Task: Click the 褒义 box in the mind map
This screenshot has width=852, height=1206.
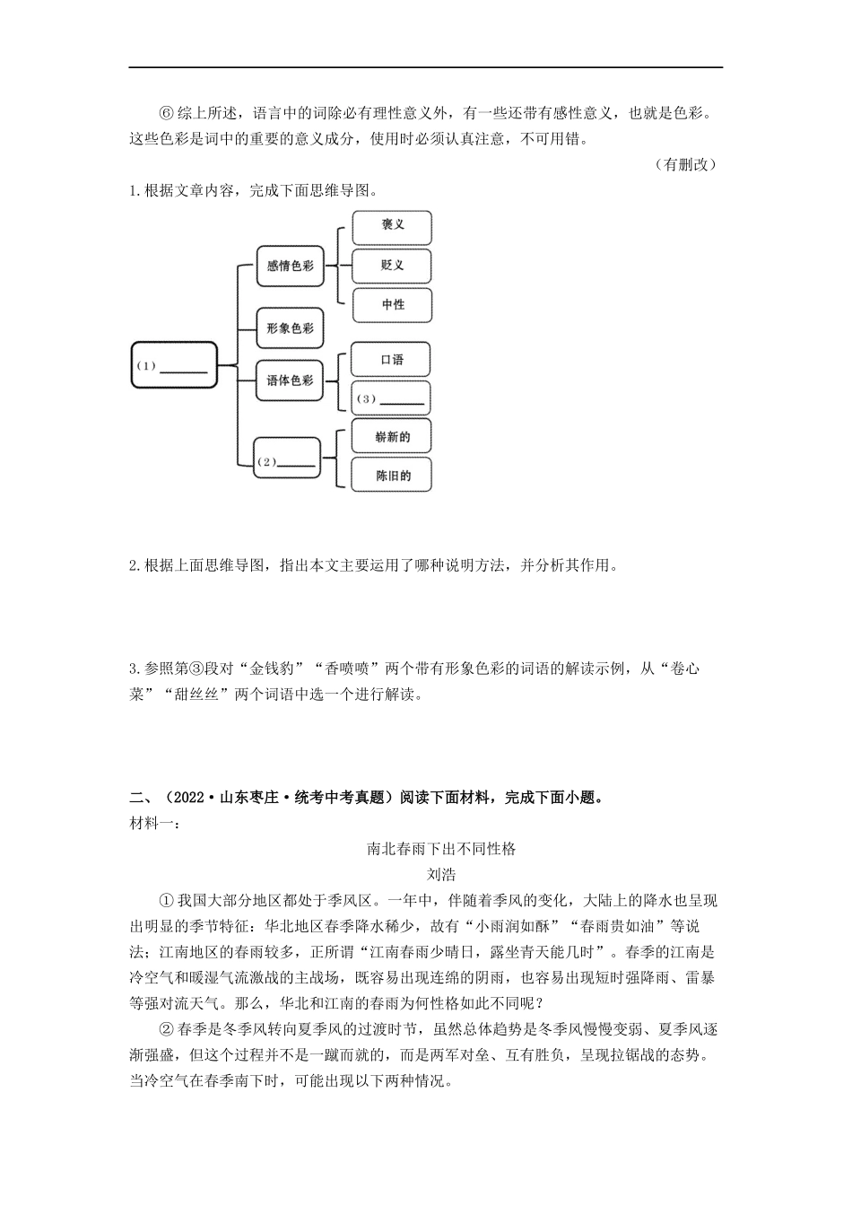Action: click(392, 227)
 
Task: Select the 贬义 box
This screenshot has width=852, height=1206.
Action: click(392, 266)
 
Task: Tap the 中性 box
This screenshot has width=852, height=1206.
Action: click(392, 305)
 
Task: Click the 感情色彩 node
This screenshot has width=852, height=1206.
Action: click(290, 266)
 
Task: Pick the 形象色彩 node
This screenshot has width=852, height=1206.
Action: click(290, 329)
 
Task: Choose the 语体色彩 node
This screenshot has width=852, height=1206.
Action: click(290, 380)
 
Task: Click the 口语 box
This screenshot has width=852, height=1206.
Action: click(391, 360)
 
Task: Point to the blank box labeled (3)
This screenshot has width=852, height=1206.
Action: click(391, 398)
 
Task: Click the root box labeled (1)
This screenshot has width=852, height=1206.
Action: click(174, 365)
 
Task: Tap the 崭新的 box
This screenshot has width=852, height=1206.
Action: click(392, 437)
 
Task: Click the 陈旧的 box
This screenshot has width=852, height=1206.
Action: click(392, 476)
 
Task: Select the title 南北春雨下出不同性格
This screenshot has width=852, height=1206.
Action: click(441, 848)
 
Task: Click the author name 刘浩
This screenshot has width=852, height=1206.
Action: click(441, 874)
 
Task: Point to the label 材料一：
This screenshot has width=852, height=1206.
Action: click(154, 822)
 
